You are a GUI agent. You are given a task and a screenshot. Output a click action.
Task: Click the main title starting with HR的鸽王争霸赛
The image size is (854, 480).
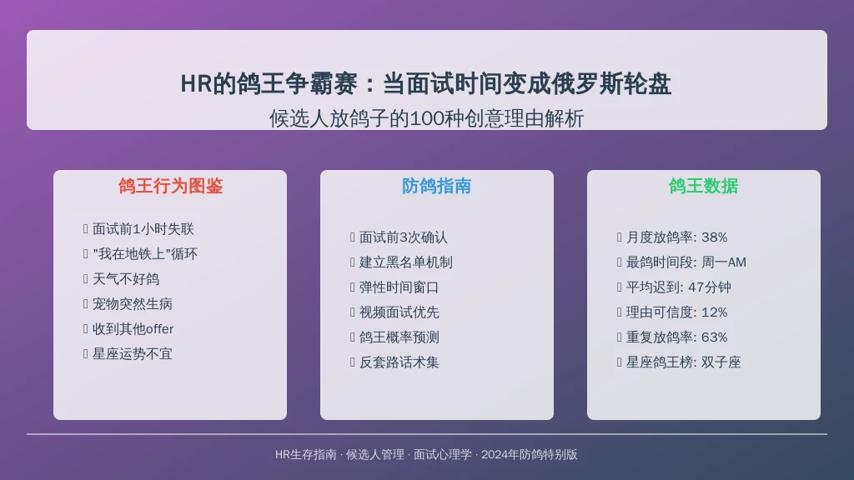426,84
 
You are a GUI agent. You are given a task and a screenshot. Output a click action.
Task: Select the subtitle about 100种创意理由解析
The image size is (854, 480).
426,118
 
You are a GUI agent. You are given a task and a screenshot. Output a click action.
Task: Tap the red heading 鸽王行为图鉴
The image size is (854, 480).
170,186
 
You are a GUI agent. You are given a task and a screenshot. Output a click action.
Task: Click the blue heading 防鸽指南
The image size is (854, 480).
437,186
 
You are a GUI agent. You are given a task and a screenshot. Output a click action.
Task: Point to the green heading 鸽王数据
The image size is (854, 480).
704,186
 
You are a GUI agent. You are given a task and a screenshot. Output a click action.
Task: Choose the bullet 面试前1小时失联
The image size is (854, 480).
143,229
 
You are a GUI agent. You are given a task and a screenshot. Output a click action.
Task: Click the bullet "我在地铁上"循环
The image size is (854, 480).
145,254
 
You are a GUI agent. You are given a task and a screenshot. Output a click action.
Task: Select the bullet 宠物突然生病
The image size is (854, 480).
133,304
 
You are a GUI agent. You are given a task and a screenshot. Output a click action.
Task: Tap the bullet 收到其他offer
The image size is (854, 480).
133,329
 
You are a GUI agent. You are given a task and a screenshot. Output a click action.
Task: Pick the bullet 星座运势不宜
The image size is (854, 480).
133,354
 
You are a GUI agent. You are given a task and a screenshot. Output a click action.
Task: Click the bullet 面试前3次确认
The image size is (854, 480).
404,237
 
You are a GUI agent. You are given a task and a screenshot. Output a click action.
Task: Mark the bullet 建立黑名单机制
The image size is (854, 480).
406,262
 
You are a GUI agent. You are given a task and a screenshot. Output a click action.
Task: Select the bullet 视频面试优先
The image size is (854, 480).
399,313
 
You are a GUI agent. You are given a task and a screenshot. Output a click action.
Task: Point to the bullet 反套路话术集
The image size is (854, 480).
399,363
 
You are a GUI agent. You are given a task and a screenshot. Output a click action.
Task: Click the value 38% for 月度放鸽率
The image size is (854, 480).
715,237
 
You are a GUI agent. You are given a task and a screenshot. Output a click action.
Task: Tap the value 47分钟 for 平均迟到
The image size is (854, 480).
710,287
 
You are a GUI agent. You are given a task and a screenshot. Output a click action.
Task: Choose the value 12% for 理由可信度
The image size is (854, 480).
715,313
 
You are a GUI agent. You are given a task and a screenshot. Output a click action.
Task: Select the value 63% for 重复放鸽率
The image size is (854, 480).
715,338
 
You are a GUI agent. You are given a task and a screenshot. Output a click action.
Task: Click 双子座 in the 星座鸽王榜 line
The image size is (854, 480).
721,363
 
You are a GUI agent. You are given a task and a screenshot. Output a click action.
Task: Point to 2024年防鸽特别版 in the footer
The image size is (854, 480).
530,455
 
